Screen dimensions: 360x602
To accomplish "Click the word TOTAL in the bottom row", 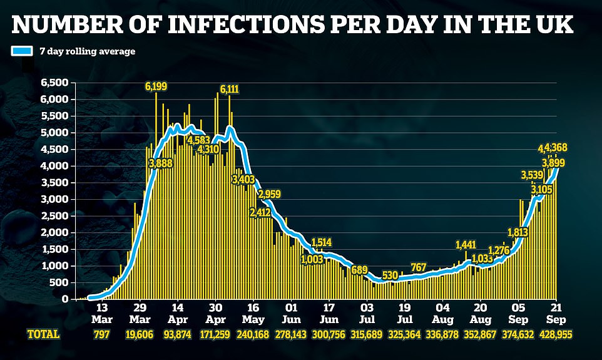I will (x=43, y=335).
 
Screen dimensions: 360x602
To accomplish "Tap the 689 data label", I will (x=359, y=270).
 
